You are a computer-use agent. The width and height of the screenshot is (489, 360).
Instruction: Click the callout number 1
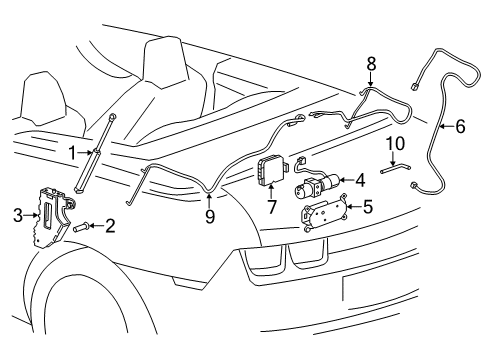[71, 152]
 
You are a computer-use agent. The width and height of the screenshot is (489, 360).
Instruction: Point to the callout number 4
[360, 181]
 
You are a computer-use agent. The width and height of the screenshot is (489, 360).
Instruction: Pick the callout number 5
[368, 208]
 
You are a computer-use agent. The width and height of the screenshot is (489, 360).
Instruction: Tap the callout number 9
[209, 214]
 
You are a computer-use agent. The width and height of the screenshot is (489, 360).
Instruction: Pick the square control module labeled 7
[269, 172]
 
